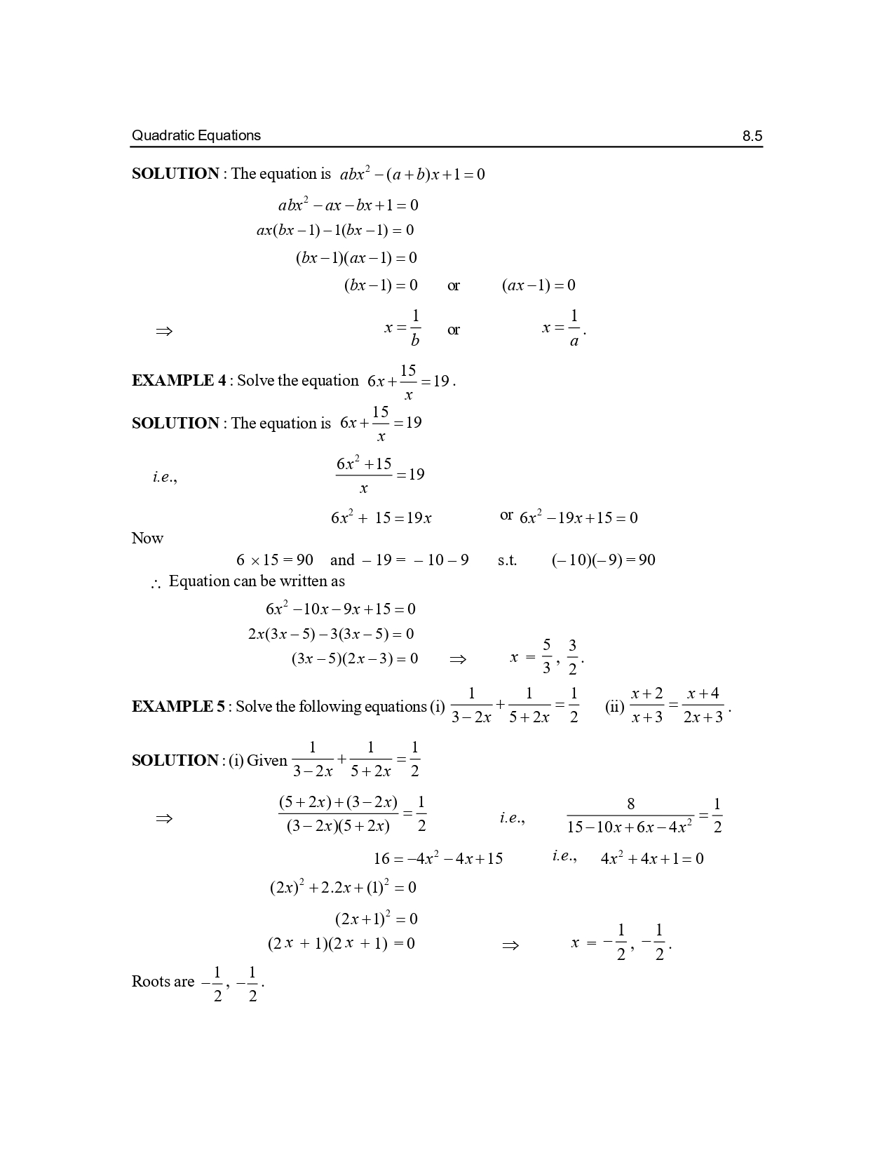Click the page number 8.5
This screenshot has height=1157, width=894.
[752, 136]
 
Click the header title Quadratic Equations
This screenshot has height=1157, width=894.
[196, 135]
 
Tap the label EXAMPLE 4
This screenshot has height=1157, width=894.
[178, 381]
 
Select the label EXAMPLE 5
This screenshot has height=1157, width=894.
[178, 706]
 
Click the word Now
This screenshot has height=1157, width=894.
[147, 539]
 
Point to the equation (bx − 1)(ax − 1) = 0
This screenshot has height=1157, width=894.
[356, 257]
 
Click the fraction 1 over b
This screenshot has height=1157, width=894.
[414, 328]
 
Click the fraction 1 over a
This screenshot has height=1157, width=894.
[574, 328]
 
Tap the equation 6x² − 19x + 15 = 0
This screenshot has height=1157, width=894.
[578, 518]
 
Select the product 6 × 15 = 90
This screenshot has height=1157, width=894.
[274, 560]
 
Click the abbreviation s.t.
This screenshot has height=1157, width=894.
[507, 560]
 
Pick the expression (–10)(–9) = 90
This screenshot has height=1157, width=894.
[603, 560]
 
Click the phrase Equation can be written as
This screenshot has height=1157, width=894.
[257, 581]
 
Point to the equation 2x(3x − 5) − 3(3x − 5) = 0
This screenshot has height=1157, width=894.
[331, 634]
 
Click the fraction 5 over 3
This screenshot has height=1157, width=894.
[547, 656]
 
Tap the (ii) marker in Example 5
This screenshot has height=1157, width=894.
[614, 707]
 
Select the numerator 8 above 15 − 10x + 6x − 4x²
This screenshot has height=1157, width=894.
[630, 804]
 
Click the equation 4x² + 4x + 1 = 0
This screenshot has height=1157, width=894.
[652, 859]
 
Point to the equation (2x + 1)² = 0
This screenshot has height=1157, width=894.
[376, 919]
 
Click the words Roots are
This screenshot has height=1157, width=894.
[163, 982]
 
